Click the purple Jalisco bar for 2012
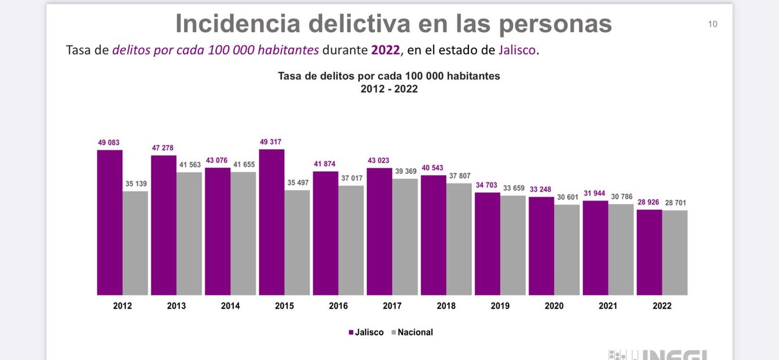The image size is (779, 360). [110, 222]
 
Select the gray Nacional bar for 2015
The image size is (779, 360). [297, 243]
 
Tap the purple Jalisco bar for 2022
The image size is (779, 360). [649, 252]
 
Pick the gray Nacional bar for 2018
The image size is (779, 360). [459, 239]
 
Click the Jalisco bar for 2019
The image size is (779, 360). [488, 244]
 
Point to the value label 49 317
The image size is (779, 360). [271, 142]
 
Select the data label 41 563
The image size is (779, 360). [190, 165]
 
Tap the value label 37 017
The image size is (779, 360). [352, 178]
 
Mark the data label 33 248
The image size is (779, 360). [540, 189]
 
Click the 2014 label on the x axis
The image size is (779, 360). [230, 306]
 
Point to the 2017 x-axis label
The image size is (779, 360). [392, 306]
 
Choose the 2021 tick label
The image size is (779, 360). [608, 306]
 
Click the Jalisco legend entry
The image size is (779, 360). [366, 333]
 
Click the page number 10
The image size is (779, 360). [712, 24]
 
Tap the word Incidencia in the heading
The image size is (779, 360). [238, 24]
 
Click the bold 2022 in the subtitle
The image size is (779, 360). [385, 50]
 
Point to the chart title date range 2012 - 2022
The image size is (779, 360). [389, 89]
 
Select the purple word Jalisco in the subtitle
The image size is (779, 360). [517, 50]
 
